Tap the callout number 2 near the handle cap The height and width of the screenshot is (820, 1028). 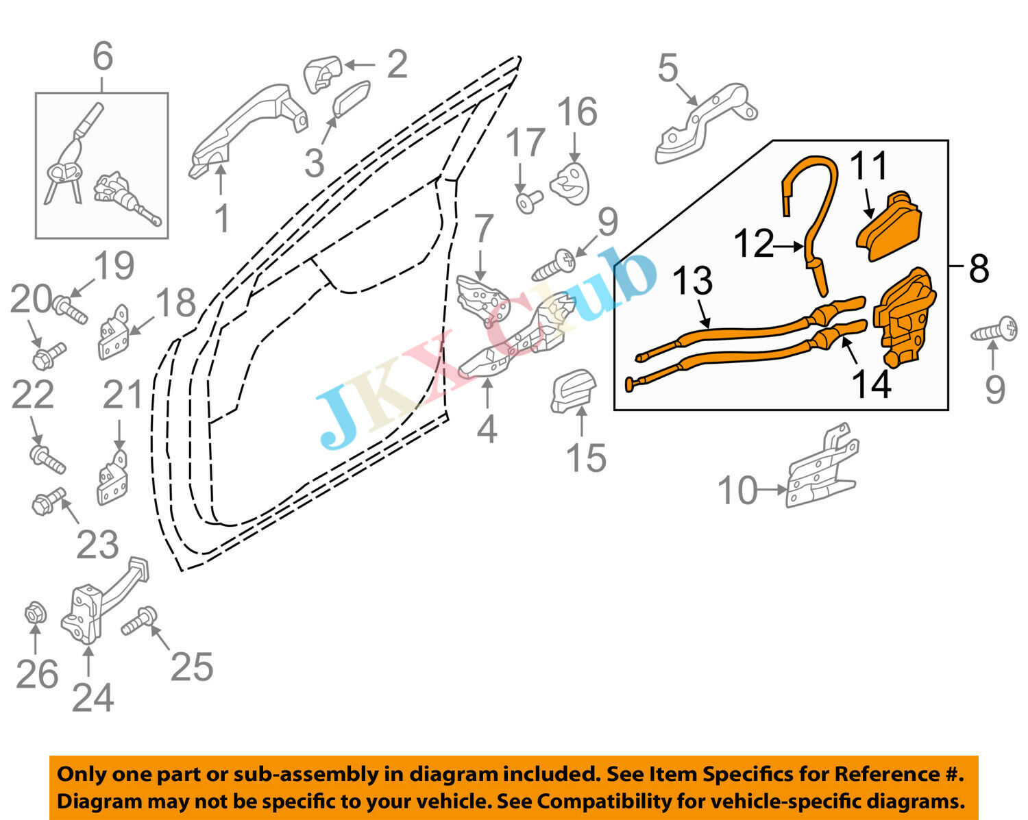tap(397, 64)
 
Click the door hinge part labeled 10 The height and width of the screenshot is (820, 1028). tap(820, 469)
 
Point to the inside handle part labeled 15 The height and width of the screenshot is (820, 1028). tap(573, 391)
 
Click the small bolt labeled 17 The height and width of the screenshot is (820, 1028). tap(528, 201)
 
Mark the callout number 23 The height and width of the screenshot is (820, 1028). tap(97, 545)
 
